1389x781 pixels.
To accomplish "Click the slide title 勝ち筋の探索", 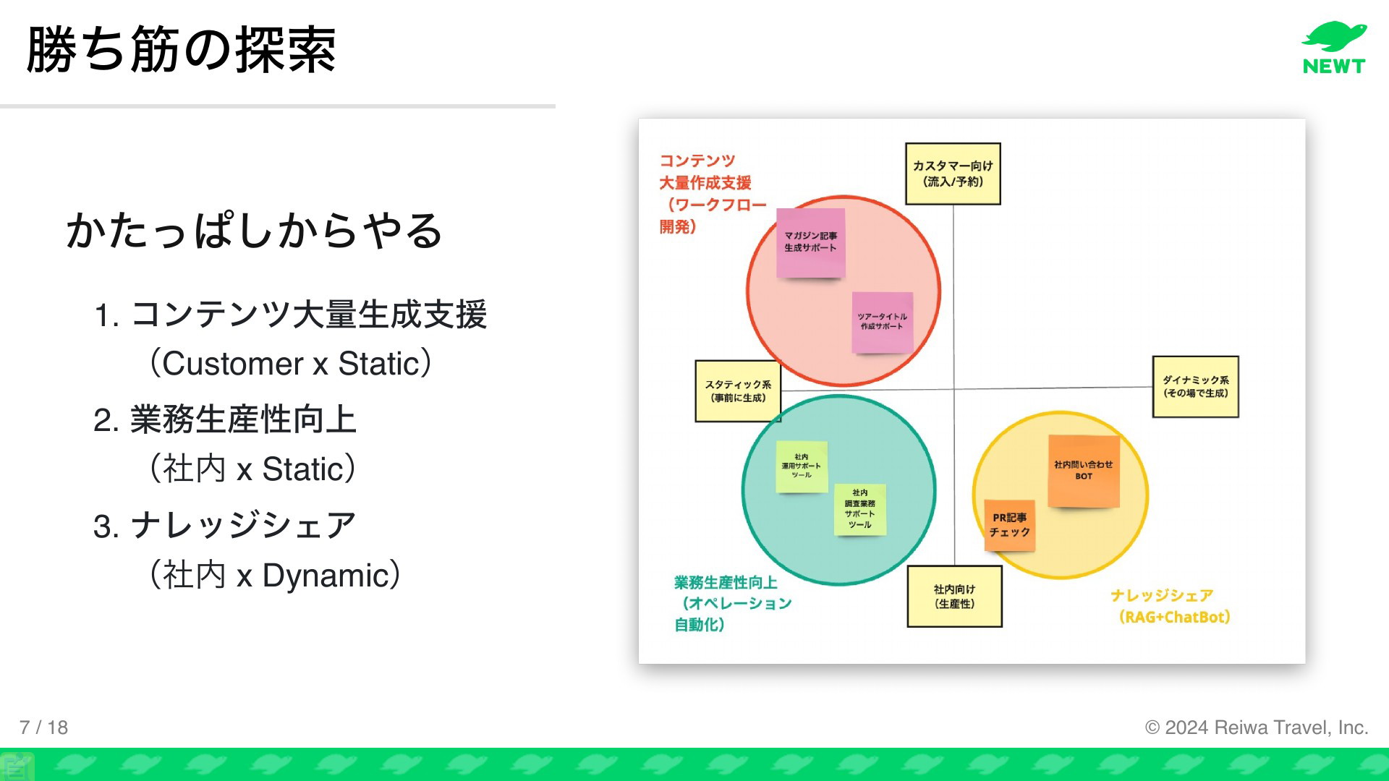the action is pyautogui.click(x=182, y=49).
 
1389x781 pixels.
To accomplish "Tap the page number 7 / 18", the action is pyautogui.click(x=43, y=727).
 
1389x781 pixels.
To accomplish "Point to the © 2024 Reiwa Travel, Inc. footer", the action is pyautogui.click(x=1257, y=727).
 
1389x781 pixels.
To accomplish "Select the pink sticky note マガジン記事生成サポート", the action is pyautogui.click(x=811, y=243).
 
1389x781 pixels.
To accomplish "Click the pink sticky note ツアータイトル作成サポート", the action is pyautogui.click(x=882, y=323).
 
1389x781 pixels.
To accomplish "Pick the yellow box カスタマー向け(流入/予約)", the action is pyautogui.click(x=953, y=174).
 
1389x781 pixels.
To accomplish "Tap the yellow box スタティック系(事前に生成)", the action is pyautogui.click(x=738, y=390).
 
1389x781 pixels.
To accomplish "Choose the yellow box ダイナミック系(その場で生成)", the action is pyautogui.click(x=1195, y=386).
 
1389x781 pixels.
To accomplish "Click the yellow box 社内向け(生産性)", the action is pyautogui.click(x=954, y=596).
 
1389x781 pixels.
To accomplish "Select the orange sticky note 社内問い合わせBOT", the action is pyautogui.click(x=1084, y=471).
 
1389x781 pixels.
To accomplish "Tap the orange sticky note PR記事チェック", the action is pyautogui.click(x=1009, y=525).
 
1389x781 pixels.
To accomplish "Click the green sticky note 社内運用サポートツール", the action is pyautogui.click(x=802, y=466).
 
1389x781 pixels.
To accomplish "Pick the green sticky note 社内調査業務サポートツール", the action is pyautogui.click(x=860, y=509).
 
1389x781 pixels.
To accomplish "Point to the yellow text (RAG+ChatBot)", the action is pyautogui.click(x=1174, y=617).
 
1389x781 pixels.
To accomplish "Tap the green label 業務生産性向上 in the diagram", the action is pyautogui.click(x=726, y=582).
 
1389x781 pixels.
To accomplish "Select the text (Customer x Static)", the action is pyautogui.click(x=290, y=363).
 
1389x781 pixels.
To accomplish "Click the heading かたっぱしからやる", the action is pyautogui.click(x=254, y=231).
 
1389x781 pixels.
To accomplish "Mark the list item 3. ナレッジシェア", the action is pyautogui.click(x=225, y=526).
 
